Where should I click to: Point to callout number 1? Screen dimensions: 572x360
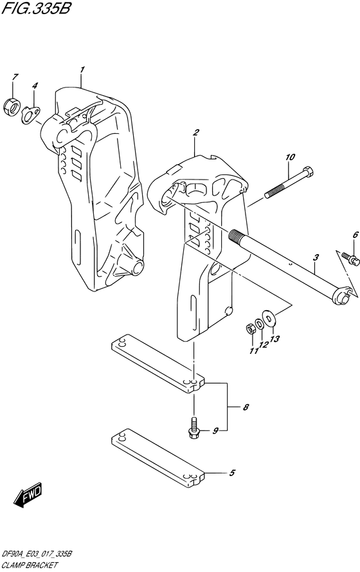tap(82, 69)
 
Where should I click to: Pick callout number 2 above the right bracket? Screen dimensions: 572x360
tap(196, 133)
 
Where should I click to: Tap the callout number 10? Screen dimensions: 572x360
tap(290, 156)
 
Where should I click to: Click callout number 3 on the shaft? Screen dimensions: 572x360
tap(316, 258)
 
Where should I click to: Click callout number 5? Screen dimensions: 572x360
tap(233, 474)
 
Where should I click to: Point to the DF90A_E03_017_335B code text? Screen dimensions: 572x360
tap(39, 555)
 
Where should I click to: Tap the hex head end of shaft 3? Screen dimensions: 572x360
tap(345, 295)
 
